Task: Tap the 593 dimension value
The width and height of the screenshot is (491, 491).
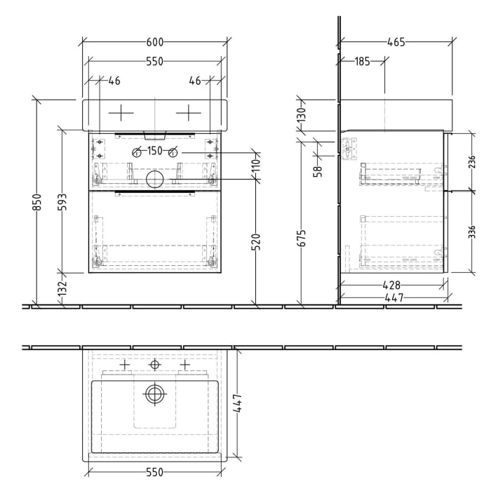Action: click(62, 202)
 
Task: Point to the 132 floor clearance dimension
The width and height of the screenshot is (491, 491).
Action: click(62, 288)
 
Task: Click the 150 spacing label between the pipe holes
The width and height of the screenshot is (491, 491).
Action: click(154, 152)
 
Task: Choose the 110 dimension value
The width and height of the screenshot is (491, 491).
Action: click(256, 166)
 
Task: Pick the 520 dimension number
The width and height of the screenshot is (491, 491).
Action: click(256, 242)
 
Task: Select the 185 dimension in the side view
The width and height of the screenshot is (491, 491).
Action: click(362, 62)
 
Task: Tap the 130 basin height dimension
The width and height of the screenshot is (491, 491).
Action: click(302, 114)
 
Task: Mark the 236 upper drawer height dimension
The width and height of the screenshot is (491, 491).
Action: click(472, 162)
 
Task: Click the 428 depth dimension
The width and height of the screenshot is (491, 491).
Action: click(391, 285)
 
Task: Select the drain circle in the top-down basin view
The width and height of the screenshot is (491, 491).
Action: click(154, 394)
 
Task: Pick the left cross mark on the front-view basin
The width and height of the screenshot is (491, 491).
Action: click(121, 112)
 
